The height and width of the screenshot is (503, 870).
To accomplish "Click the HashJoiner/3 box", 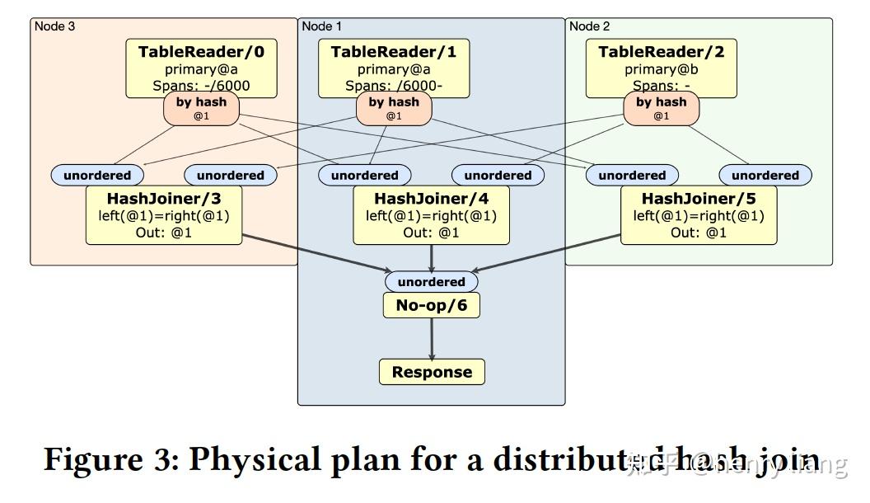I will tap(164, 215).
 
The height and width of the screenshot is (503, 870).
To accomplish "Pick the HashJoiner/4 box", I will tap(431, 215).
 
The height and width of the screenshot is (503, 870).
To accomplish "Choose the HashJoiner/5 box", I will tap(698, 215).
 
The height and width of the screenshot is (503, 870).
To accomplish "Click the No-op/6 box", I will tap(432, 306).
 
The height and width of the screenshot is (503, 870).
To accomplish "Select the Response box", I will tap(432, 372).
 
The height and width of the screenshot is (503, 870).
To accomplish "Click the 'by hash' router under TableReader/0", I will tap(202, 108).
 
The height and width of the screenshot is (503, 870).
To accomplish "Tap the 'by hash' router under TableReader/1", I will tap(394, 108).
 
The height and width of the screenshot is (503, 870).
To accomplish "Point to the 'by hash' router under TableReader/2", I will tap(661, 108).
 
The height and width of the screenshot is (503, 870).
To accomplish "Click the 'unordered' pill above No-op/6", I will tap(432, 282).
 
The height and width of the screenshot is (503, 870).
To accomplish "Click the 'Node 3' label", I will tap(55, 26).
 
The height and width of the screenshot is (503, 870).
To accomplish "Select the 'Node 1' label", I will tap(322, 26).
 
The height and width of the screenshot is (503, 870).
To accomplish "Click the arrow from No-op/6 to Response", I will tap(432, 338).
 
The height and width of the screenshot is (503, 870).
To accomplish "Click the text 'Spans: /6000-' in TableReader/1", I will tap(394, 86).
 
